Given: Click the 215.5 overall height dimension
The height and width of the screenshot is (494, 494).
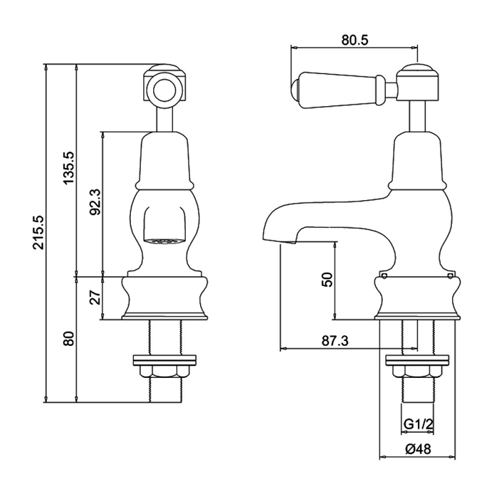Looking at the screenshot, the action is pyautogui.click(x=38, y=233).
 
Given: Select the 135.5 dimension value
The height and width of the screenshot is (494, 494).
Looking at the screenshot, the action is pyautogui.click(x=69, y=168).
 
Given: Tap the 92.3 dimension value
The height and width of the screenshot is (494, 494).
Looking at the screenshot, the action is pyautogui.click(x=95, y=202).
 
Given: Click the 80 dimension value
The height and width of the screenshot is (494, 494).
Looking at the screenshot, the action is pyautogui.click(x=69, y=338).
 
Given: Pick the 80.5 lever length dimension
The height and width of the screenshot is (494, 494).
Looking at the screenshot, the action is pyautogui.click(x=354, y=40).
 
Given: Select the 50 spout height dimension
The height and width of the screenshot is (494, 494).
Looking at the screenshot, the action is pyautogui.click(x=328, y=280).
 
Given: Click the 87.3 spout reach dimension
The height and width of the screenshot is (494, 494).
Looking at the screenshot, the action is pyautogui.click(x=335, y=341).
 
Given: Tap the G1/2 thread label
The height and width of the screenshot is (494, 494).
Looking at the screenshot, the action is pyautogui.click(x=419, y=424).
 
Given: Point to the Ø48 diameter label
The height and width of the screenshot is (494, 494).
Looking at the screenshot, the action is pyautogui.click(x=418, y=449).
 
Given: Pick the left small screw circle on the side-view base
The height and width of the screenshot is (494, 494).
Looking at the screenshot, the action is pyautogui.click(x=384, y=276).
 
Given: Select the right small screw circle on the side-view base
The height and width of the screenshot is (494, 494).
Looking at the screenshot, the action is pyautogui.click(x=450, y=276).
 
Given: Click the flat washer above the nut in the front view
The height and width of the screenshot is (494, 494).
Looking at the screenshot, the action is pyautogui.click(x=165, y=361).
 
